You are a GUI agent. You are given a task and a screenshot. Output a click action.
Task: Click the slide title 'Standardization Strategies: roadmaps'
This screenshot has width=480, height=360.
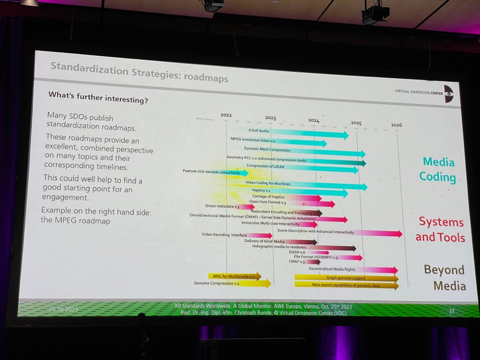(x=139, y=73)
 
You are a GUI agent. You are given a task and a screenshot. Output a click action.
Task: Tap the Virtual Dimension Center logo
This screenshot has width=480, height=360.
(x=448, y=94)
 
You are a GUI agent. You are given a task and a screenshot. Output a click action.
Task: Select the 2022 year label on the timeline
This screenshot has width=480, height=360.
(x=226, y=115)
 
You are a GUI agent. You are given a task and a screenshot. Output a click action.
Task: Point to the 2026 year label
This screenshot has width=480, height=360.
(x=396, y=125)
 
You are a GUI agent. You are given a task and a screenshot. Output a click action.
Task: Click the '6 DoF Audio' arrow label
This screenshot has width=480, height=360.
(x=259, y=130)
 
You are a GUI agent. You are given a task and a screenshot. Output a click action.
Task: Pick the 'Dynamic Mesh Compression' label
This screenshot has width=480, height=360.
(x=267, y=149)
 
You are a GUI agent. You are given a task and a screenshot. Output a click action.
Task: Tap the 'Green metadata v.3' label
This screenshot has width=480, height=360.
(x=222, y=206)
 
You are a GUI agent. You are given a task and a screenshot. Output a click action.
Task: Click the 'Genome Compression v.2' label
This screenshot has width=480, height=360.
(x=216, y=283)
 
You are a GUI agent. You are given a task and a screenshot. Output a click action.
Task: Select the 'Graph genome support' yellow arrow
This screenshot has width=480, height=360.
(x=346, y=278)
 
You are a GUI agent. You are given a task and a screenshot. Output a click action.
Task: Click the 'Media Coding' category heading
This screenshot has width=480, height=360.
(x=438, y=169)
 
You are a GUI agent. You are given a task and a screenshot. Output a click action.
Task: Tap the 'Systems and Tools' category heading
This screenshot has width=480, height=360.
(x=440, y=229)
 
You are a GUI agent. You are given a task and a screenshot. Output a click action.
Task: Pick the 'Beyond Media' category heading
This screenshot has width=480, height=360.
(x=444, y=277)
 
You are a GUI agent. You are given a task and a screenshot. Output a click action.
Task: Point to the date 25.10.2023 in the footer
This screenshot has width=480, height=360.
(x=63, y=310)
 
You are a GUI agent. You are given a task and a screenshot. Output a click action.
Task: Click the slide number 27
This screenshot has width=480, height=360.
(x=451, y=311)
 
